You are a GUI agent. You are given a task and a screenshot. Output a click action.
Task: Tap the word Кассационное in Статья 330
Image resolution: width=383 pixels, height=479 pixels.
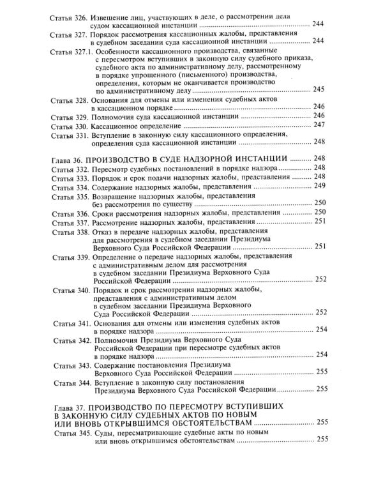[119, 126]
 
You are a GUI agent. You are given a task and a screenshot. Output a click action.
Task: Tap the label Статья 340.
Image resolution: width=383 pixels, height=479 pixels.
[67, 291]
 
